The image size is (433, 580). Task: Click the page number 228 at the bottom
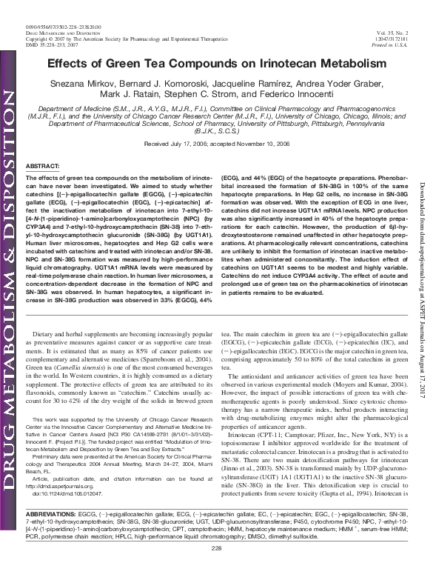[217, 567]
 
